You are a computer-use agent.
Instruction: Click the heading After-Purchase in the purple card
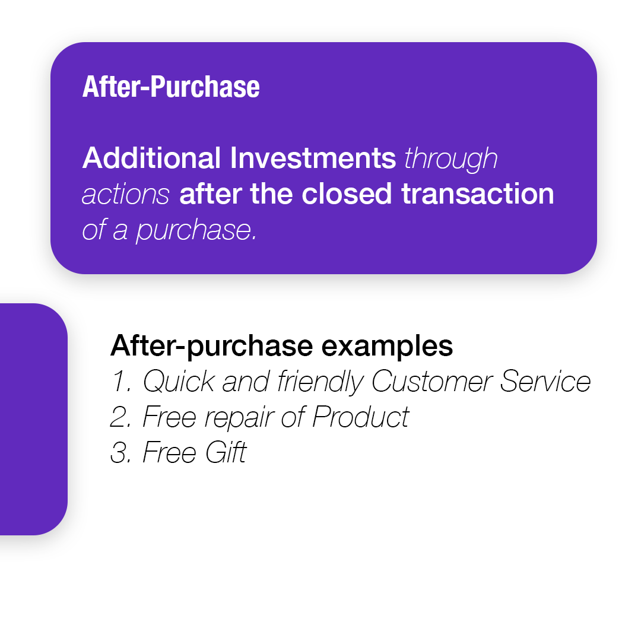click(171, 87)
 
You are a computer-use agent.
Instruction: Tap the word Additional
click(152, 158)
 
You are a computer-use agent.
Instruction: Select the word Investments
click(313, 158)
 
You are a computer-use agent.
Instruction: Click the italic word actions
click(125, 195)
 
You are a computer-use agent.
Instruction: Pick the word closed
click(347, 193)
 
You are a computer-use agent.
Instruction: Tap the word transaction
click(477, 193)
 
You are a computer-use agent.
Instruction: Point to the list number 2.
click(120, 417)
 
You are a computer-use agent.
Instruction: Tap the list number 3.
click(120, 452)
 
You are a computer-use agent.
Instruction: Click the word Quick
click(179, 382)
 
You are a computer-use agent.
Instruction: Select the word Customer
click(431, 382)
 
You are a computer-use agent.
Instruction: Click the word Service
click(545, 382)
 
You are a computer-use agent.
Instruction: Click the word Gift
click(226, 452)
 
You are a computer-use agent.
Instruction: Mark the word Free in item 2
click(169, 417)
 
